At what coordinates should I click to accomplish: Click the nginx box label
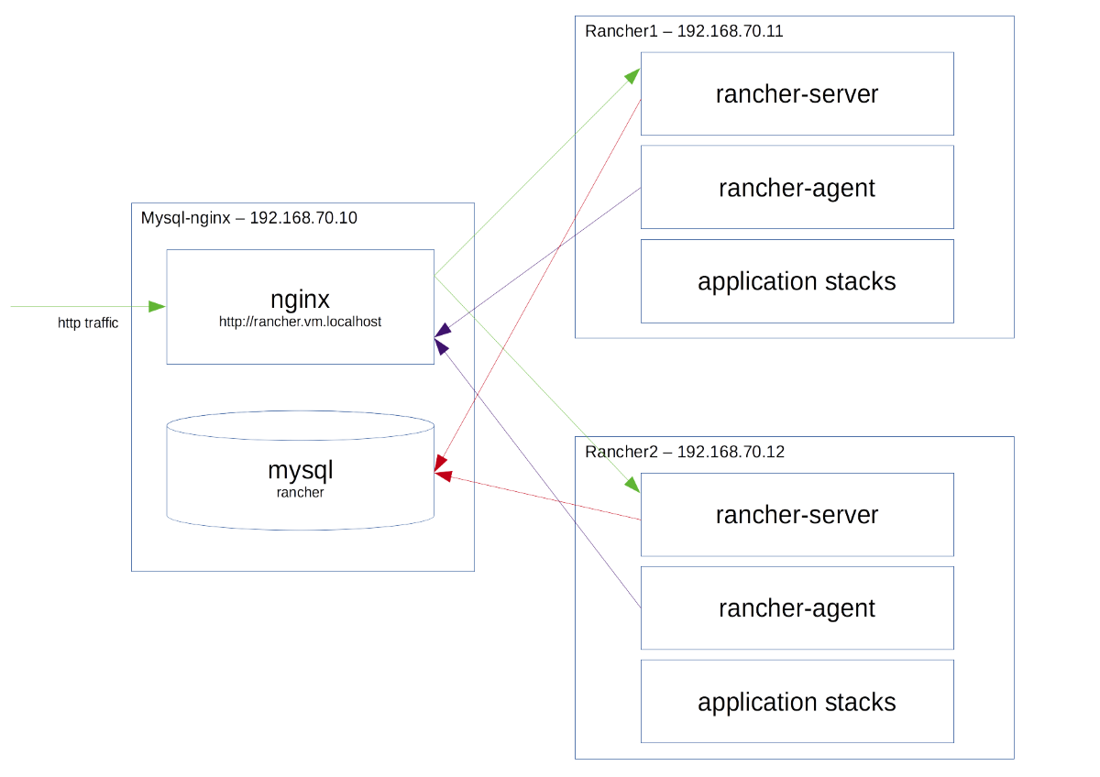[300, 300]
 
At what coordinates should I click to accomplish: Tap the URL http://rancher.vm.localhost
[300, 322]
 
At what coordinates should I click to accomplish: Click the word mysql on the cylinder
[300, 471]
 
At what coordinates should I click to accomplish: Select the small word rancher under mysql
[300, 493]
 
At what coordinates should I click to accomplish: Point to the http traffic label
[88, 323]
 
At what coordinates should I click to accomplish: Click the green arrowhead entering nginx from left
[159, 305]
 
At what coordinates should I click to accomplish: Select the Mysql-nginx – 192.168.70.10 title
[250, 219]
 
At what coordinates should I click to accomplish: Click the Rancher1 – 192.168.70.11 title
[684, 31]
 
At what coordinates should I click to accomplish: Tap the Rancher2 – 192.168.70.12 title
[684, 453]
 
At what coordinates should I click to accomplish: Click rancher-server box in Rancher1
[797, 94]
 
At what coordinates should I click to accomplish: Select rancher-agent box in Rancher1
[797, 188]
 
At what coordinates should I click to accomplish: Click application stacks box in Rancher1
[797, 281]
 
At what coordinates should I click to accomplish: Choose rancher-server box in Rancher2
[797, 515]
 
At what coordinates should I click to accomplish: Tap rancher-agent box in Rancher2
[797, 608]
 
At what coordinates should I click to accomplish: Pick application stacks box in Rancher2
[797, 703]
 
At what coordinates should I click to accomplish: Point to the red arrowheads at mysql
[441, 473]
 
